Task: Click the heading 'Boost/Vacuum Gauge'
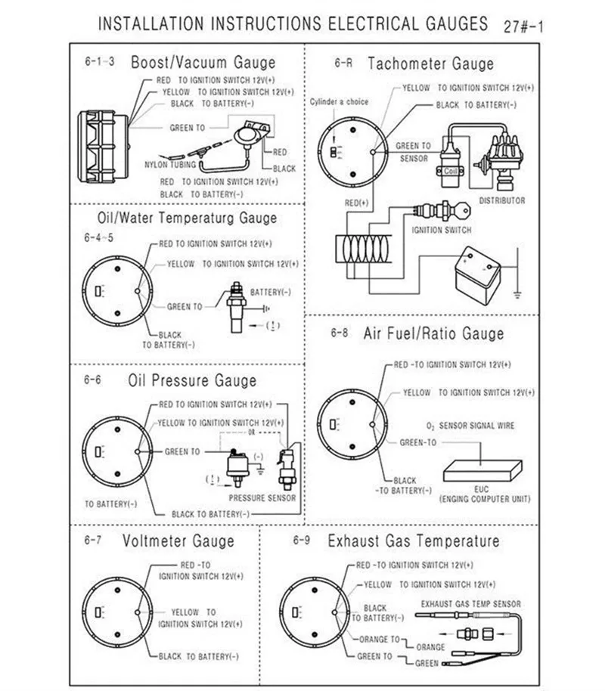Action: tap(203, 62)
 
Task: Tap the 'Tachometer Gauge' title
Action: tap(430, 64)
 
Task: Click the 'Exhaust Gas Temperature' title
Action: tap(413, 541)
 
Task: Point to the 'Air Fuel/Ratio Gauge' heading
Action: tap(433, 333)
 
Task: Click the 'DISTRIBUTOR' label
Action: tap(502, 201)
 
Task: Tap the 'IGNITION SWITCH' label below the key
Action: tap(442, 230)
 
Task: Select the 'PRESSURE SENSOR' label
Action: tap(262, 498)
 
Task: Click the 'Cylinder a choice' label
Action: tap(339, 101)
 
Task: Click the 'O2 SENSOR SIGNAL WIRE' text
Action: tap(466, 426)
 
